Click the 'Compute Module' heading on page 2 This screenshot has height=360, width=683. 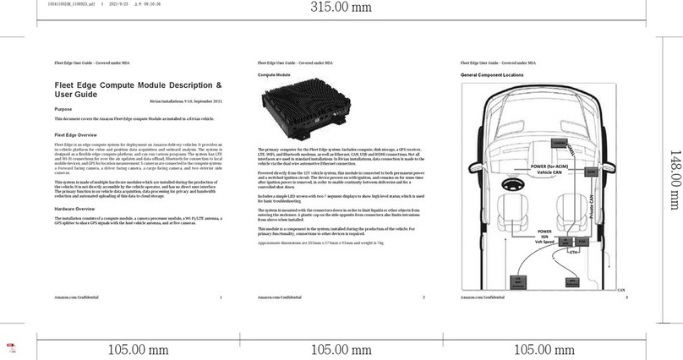274,75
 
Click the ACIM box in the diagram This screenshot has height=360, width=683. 591,172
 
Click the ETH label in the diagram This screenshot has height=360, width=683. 574,252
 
